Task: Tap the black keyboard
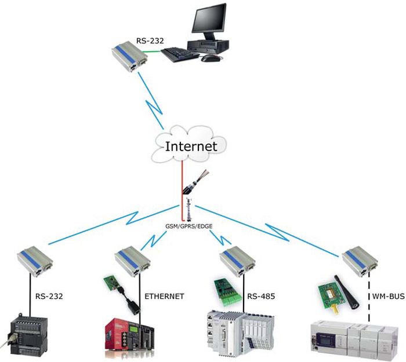tap(180, 54)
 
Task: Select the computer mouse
tap(211, 58)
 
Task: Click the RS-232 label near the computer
tap(150, 41)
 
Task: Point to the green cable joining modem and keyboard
tap(152, 52)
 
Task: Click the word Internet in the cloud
tap(191, 147)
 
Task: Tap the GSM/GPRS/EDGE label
tap(188, 226)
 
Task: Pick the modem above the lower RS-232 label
tap(35, 261)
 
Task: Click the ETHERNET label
tap(164, 296)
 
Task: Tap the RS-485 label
tap(261, 296)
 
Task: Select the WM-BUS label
tap(388, 296)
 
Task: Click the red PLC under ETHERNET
tap(129, 337)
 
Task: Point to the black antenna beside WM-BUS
tap(346, 292)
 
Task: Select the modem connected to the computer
tap(129, 56)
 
